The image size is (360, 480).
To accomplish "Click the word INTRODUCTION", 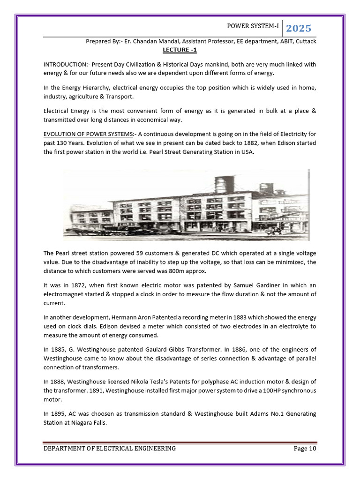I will point(65,64).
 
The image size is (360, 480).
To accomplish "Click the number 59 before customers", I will point(139,253).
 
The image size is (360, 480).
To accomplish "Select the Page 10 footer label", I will point(305,449).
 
